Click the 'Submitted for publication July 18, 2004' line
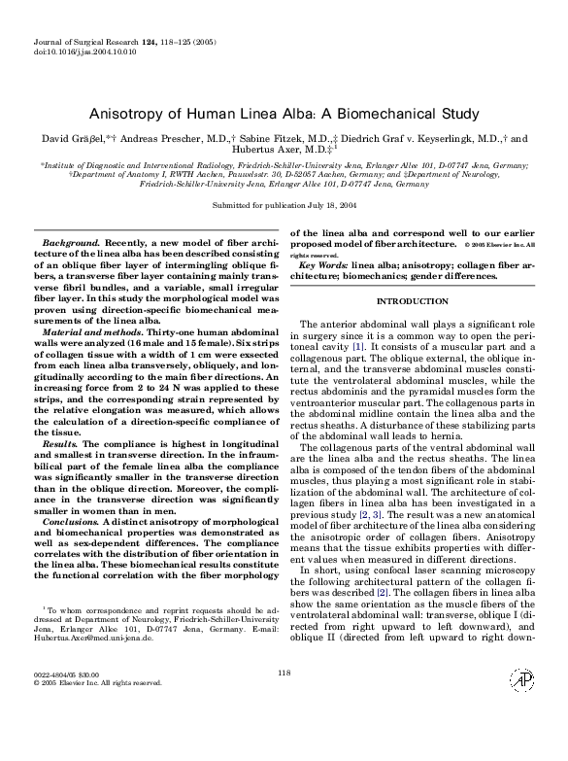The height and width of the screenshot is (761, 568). pyautogui.click(x=284, y=206)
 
